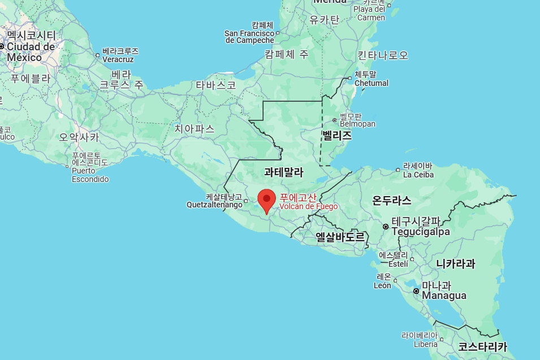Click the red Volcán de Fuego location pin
point(267,201)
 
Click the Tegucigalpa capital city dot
point(386,227)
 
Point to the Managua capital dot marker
point(416,291)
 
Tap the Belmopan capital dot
point(335,120)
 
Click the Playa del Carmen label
point(369,13)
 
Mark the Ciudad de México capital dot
point(2,46)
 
